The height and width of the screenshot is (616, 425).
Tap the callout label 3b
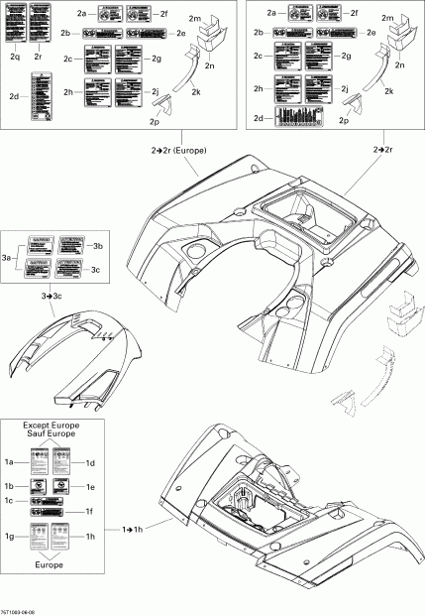[96, 245]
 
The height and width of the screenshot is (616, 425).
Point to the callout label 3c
[96, 270]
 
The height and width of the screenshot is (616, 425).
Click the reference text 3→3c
[51, 297]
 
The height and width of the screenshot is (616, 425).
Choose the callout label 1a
[10, 462]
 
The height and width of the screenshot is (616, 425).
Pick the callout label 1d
[90, 462]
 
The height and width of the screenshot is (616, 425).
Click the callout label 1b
[10, 487]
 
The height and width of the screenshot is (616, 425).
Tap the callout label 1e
[90, 487]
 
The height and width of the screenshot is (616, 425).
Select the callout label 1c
[10, 502]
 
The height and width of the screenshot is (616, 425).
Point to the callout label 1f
[90, 511]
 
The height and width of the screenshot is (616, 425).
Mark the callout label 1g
[10, 536]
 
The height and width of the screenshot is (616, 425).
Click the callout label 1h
[90, 538]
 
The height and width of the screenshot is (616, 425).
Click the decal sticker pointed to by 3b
[69, 243]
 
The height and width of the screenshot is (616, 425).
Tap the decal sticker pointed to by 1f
[52, 512]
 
